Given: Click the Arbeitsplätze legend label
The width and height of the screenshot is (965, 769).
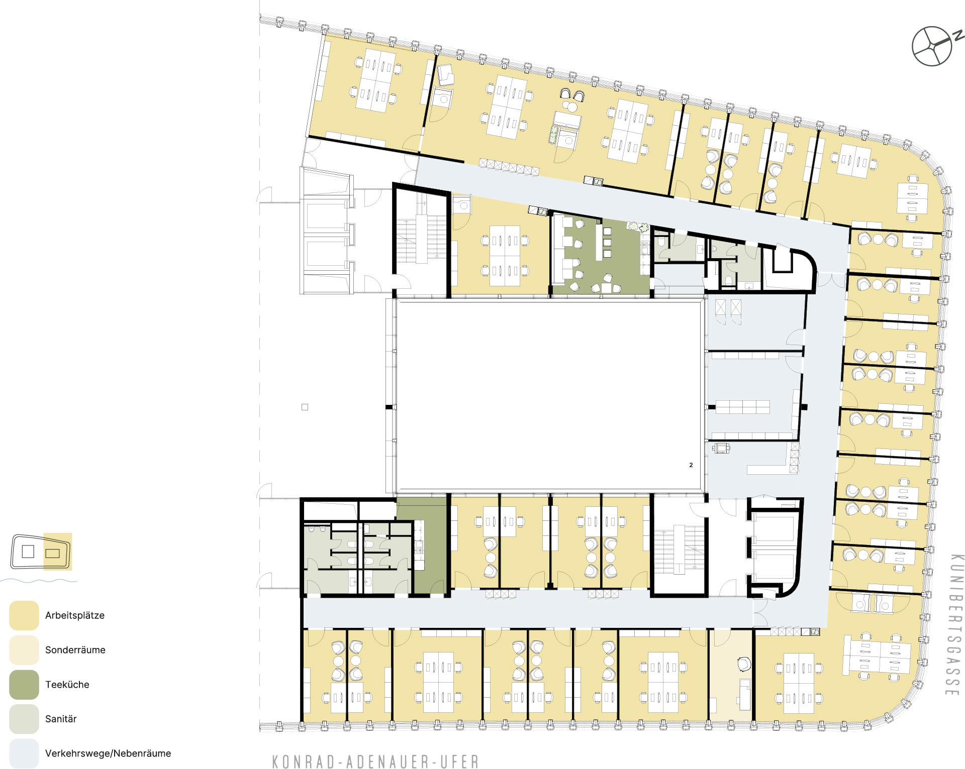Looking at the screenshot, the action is [75, 616].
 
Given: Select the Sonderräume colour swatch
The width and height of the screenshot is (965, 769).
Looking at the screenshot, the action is [24, 650].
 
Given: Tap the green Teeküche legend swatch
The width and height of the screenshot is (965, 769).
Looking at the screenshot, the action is [24, 685].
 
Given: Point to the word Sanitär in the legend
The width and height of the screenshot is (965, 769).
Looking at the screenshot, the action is [61, 719].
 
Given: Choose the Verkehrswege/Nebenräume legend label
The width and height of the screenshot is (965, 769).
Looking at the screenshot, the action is [108, 753].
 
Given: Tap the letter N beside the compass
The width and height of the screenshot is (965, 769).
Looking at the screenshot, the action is [958, 35].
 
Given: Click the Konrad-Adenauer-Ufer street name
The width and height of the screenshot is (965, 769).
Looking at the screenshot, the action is [375, 761].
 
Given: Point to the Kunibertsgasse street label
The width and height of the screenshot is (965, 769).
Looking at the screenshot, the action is [955, 625].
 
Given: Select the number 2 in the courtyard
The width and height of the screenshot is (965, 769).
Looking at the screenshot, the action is [691, 465].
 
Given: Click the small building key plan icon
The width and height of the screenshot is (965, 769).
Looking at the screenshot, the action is [41, 552].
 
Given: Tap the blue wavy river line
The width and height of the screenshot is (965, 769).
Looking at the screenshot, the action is [39, 581].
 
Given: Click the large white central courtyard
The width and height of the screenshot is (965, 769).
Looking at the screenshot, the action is [548, 395].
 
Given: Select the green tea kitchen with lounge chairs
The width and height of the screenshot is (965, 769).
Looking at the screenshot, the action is [601, 255].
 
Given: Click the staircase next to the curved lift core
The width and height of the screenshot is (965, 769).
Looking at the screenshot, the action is [680, 550].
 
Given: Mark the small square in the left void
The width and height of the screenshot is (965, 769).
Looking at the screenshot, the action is [305, 407].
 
